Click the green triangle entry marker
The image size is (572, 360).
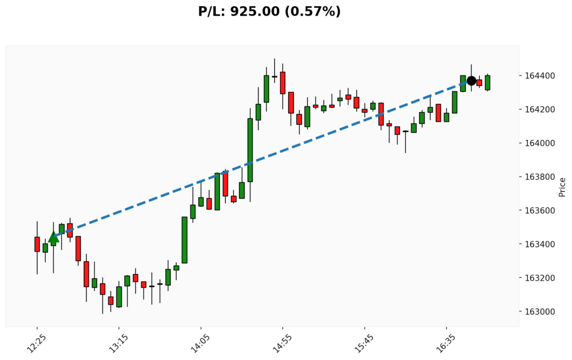[54, 237]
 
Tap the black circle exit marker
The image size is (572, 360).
[471, 80]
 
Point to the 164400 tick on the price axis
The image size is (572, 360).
[538, 76]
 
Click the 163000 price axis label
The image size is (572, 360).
[538, 311]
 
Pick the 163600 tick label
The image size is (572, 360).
[538, 211]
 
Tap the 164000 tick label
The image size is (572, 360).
[538, 143]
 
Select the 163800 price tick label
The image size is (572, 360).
[538, 177]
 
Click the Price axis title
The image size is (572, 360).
[562, 187]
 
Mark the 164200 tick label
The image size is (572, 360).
[538, 110]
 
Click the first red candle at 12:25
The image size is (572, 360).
[37, 244]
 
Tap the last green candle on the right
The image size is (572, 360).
[488, 83]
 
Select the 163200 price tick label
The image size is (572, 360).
[538, 278]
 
